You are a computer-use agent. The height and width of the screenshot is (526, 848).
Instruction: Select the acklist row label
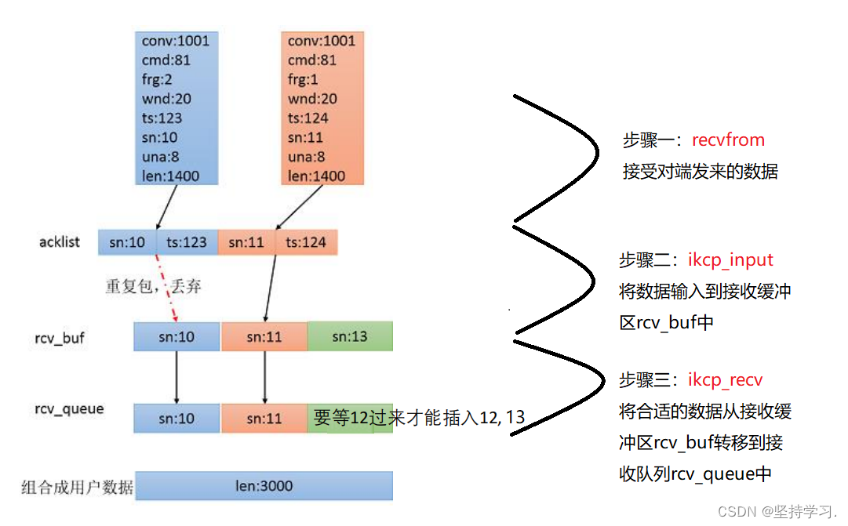(60, 241)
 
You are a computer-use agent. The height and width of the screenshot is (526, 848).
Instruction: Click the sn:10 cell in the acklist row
(127, 242)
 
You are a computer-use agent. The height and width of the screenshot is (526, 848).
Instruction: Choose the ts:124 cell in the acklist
(306, 242)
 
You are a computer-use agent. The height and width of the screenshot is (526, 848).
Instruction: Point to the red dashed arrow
(166, 286)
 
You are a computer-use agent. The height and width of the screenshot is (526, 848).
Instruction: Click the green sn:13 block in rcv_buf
(350, 337)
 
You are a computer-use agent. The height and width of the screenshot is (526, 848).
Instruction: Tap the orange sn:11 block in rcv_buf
(264, 337)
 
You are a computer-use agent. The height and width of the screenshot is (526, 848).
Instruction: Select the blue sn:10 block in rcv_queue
(177, 419)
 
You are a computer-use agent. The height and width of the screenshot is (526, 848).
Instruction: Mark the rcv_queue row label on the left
(69, 408)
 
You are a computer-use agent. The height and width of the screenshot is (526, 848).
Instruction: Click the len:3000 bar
(264, 486)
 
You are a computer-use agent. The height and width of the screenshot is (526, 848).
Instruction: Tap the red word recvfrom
(728, 140)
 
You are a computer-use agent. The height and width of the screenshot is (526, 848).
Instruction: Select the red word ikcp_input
(730, 260)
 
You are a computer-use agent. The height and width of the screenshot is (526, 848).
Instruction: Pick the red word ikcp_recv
(725, 380)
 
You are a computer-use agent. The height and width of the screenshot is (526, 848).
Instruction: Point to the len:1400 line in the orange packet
(316, 176)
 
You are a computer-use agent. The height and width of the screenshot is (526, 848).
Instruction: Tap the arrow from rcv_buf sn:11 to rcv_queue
(264, 376)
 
